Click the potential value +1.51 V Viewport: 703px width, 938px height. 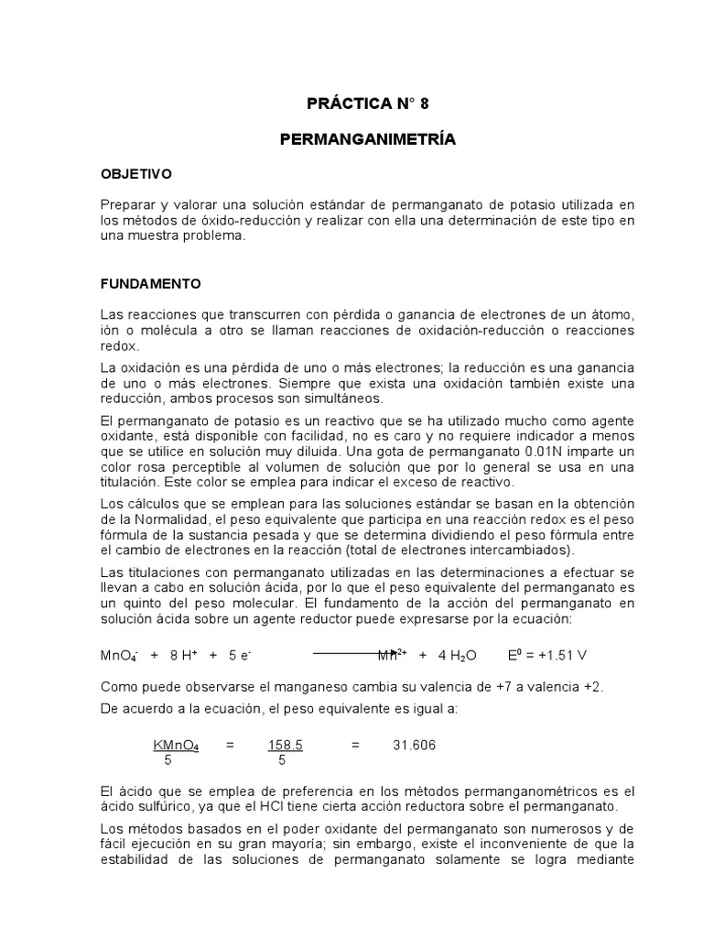[560, 656]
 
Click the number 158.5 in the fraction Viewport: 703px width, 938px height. [286, 746]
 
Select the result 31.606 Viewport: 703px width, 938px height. [415, 746]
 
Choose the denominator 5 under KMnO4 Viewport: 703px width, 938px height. [168, 760]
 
